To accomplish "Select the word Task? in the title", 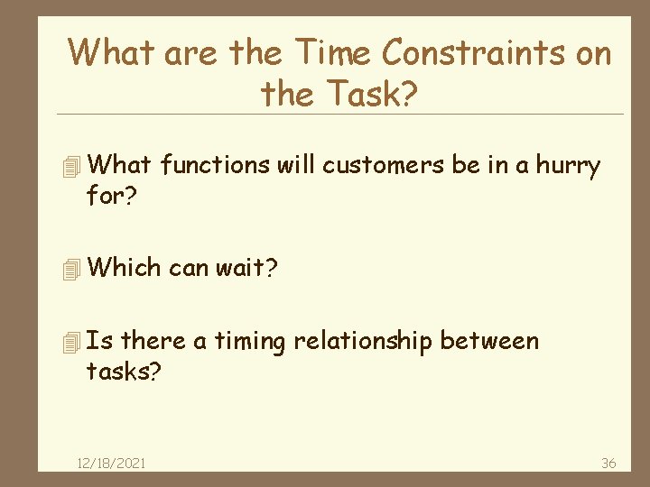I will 374,92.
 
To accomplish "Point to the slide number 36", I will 608,463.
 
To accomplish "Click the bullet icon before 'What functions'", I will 73,166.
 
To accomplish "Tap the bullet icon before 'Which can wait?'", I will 73,268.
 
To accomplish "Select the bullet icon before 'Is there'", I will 73,342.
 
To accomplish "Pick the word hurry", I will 567,166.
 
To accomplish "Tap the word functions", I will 214,165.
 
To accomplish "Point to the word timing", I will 250,342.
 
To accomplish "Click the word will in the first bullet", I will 295,165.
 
